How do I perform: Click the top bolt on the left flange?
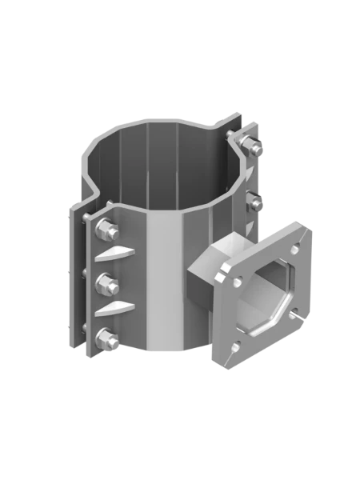pos(103,231)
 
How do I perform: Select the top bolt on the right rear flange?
pos(251,146)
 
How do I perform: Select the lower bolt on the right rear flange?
pos(254,198)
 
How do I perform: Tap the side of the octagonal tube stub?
pos(205,295)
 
